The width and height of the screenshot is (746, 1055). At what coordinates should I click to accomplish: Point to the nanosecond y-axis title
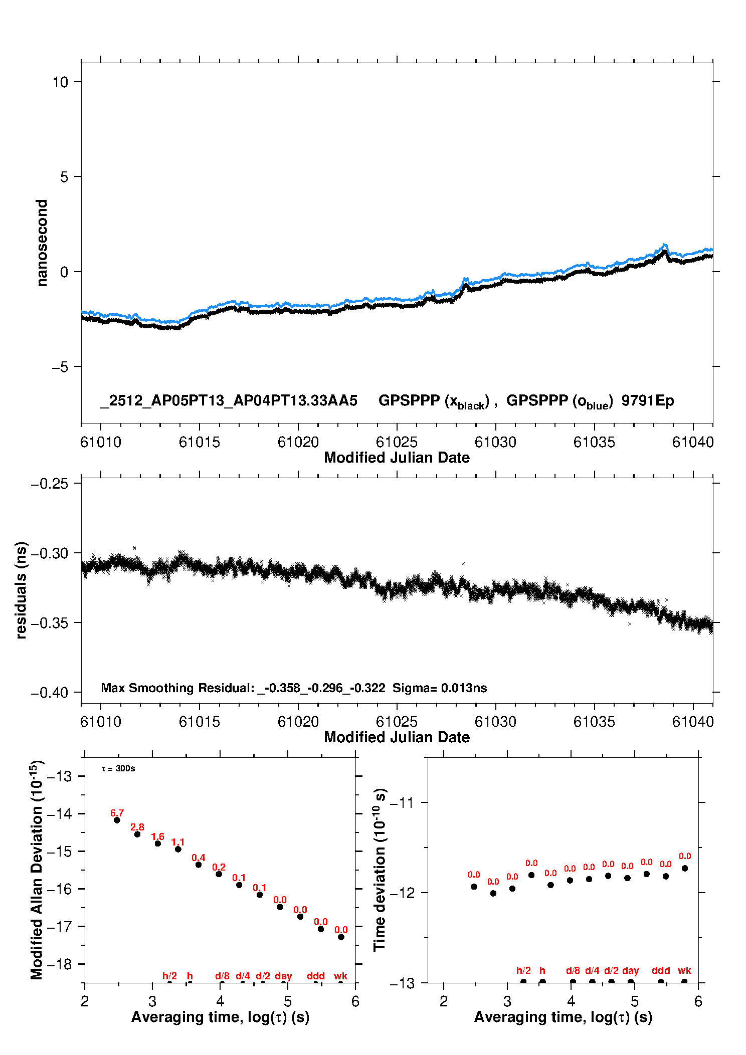pos(42,243)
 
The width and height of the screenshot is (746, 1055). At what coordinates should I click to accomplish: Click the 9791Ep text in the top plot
pos(647,401)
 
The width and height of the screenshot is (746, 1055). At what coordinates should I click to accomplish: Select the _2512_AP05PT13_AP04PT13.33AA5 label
pos(229,401)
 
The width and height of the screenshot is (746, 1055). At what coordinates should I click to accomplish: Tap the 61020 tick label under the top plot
pos(298,443)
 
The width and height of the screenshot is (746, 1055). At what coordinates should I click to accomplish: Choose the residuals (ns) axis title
pos(21,590)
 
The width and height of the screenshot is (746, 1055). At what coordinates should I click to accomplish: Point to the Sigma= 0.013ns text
pos(439,688)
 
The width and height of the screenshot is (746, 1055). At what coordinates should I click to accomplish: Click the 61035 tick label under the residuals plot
pos(594,722)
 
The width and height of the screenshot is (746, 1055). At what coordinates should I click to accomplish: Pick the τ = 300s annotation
pos(118,769)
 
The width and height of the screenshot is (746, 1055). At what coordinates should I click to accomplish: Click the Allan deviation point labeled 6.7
pos(117,820)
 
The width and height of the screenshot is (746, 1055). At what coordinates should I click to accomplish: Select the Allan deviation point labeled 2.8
pos(137,834)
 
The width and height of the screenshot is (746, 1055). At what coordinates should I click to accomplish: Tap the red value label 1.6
pos(157,836)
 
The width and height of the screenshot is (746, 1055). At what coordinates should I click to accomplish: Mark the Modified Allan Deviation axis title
pos(37,870)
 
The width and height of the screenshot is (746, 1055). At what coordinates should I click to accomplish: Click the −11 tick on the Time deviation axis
pos(402,803)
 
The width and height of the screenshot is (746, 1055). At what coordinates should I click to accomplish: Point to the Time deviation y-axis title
pos(380,870)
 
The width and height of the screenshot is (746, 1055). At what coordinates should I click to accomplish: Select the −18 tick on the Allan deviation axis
pos(59,964)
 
